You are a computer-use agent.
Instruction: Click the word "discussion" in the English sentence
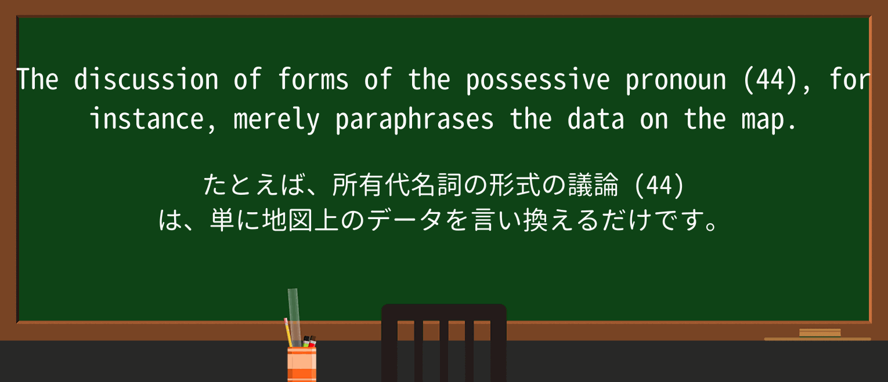146,80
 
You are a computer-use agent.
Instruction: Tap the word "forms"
313,80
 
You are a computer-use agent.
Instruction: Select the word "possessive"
537,80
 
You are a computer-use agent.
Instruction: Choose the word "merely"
276,119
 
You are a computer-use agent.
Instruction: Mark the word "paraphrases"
414,119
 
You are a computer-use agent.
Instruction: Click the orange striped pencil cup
302,364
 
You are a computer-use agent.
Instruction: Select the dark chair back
443,342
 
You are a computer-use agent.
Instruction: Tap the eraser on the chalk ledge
820,333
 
